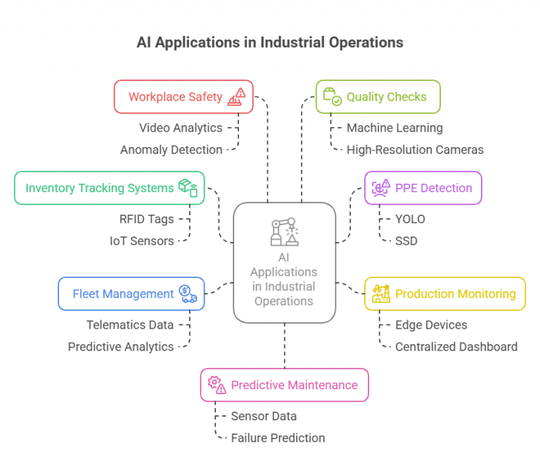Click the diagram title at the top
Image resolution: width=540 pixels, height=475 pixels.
tap(270, 43)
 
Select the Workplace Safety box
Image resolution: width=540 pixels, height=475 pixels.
tap(184, 96)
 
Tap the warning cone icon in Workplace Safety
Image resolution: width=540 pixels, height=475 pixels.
tap(236, 96)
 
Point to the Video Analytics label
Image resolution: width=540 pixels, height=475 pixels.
tap(181, 128)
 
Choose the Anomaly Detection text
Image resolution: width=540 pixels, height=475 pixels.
tap(171, 150)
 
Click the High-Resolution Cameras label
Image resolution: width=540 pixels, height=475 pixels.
tap(415, 150)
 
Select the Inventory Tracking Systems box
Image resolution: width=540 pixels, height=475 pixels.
tap(110, 188)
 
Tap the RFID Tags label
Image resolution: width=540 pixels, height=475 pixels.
tap(147, 220)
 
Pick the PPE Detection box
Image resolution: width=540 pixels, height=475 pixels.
tap(423, 188)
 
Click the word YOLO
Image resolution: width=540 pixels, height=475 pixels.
tap(410, 220)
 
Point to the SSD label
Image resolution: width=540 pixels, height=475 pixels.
tap(406, 241)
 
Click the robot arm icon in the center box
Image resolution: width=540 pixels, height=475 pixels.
tap(285, 232)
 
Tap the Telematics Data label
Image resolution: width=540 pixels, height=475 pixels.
tap(130, 325)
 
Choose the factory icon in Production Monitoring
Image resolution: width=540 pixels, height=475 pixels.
tap(381, 294)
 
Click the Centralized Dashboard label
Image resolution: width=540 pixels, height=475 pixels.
tap(456, 347)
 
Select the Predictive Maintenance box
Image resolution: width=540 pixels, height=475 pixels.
tap(285, 385)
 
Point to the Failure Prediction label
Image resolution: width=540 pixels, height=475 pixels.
tap(278, 438)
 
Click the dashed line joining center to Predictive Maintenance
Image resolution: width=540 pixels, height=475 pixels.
tap(285, 346)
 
